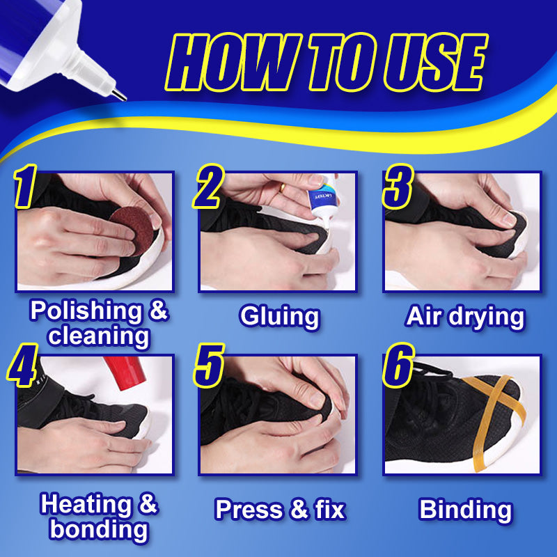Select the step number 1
(x=25, y=186)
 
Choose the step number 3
(x=398, y=186)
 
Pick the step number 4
(x=22, y=365)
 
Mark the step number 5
(x=209, y=365)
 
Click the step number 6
(x=398, y=365)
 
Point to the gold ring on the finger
(x=282, y=187)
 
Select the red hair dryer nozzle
(x=125, y=372)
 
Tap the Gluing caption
(x=280, y=317)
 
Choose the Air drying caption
(x=464, y=317)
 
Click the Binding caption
(x=465, y=510)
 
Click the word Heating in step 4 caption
(x=86, y=504)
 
